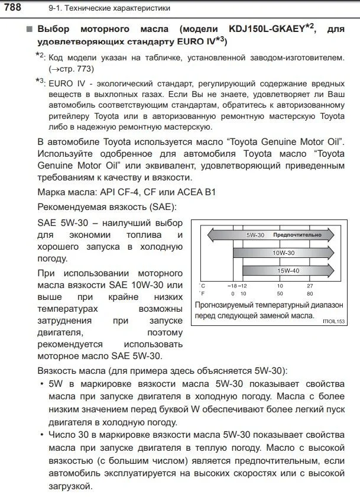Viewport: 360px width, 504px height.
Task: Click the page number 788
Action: click(x=14, y=7)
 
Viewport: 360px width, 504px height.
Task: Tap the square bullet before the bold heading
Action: click(x=30, y=29)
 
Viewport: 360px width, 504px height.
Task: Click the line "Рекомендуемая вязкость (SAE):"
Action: click(x=106, y=208)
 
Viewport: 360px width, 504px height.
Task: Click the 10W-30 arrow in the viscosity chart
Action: click(x=284, y=253)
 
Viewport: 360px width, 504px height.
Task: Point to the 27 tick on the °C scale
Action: click(x=310, y=286)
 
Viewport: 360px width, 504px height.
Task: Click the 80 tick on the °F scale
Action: click(x=310, y=293)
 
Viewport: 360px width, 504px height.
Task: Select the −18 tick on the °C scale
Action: click(x=232, y=286)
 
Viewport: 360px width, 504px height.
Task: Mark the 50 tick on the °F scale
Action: click(x=280, y=293)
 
